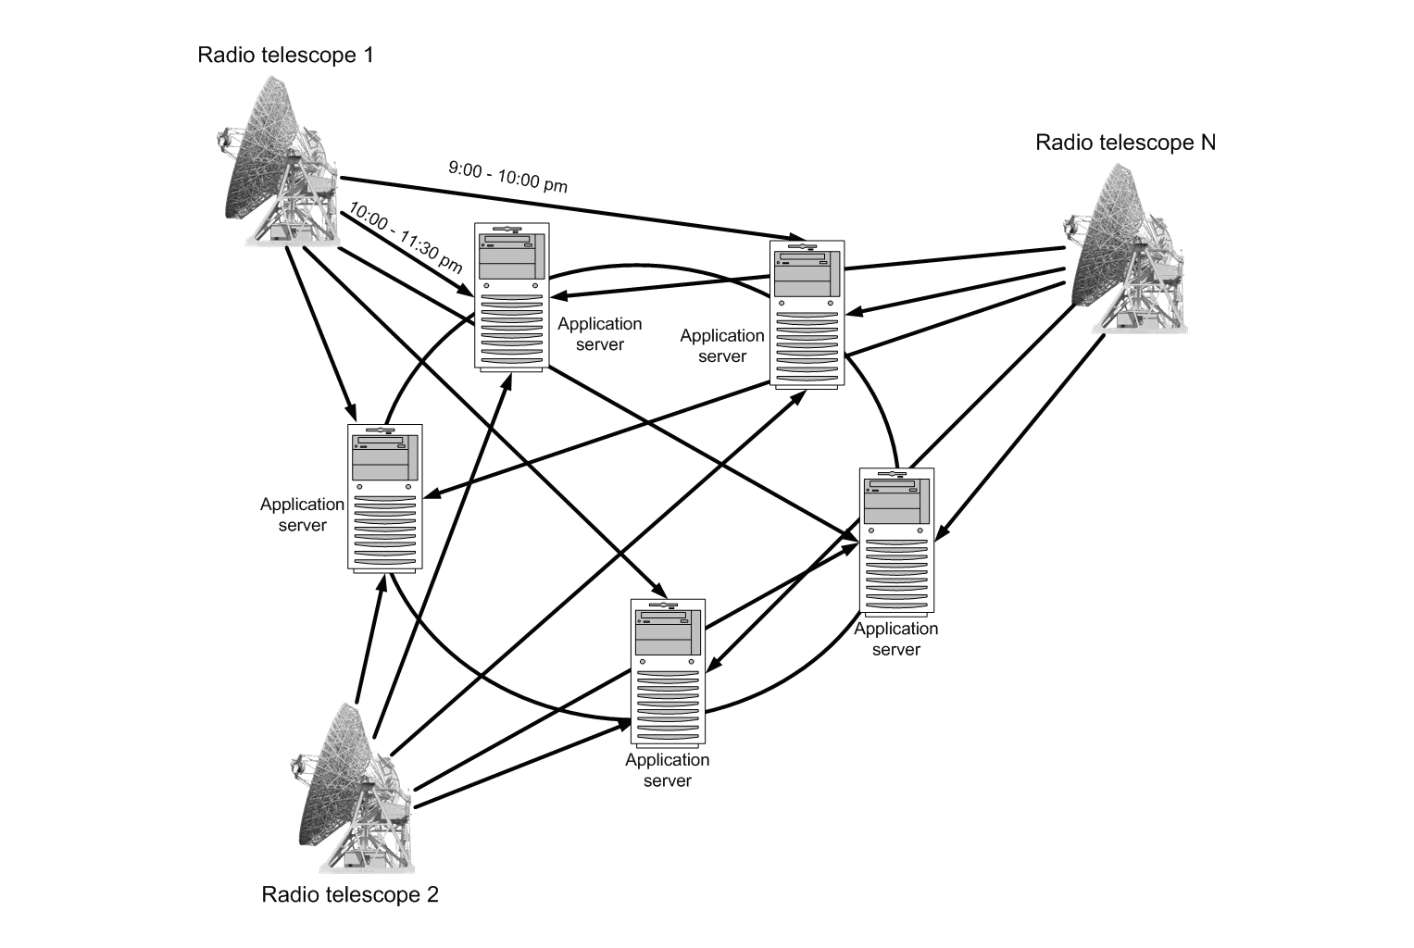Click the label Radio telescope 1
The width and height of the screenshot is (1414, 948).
point(285,55)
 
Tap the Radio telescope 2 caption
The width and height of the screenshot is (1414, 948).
point(350,894)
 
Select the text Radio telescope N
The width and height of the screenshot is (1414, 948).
point(1125,142)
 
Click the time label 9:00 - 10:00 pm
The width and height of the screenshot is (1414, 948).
point(507,176)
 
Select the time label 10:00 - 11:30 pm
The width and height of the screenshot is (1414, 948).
point(406,237)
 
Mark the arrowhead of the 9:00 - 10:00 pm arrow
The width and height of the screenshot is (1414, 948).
point(794,237)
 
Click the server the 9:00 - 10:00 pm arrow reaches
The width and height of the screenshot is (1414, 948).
point(808,315)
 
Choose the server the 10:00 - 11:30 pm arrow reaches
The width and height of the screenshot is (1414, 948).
point(512,296)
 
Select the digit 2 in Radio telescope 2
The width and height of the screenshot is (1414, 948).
point(432,894)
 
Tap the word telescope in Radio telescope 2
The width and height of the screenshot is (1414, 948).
point(369,894)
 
